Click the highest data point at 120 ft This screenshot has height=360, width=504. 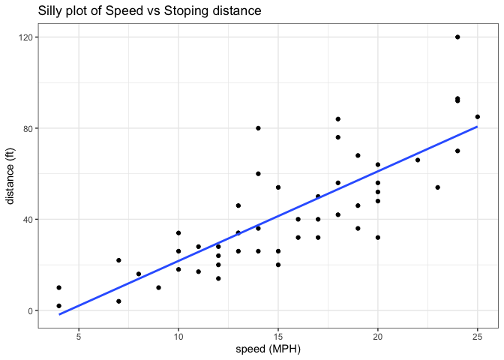[x=457, y=37]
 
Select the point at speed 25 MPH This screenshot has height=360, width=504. [x=478, y=116]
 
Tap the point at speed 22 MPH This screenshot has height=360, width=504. [x=418, y=160]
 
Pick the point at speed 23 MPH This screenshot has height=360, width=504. [x=438, y=187]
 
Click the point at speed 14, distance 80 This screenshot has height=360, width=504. [x=258, y=128]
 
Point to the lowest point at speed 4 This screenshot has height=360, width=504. [x=58, y=306]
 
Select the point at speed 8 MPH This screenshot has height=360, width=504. [x=139, y=274]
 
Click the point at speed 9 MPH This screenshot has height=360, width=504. [x=158, y=287]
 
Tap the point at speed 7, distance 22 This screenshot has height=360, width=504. [x=118, y=260]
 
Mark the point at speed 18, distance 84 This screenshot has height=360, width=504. [x=338, y=118]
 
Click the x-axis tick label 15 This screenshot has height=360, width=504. [x=278, y=336]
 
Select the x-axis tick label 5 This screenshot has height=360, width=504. [x=79, y=336]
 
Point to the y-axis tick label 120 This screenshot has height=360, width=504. [x=23, y=37]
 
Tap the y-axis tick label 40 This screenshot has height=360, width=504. [x=25, y=220]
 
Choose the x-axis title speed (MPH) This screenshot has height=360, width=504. [x=268, y=349]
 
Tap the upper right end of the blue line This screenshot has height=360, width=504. [x=478, y=127]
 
